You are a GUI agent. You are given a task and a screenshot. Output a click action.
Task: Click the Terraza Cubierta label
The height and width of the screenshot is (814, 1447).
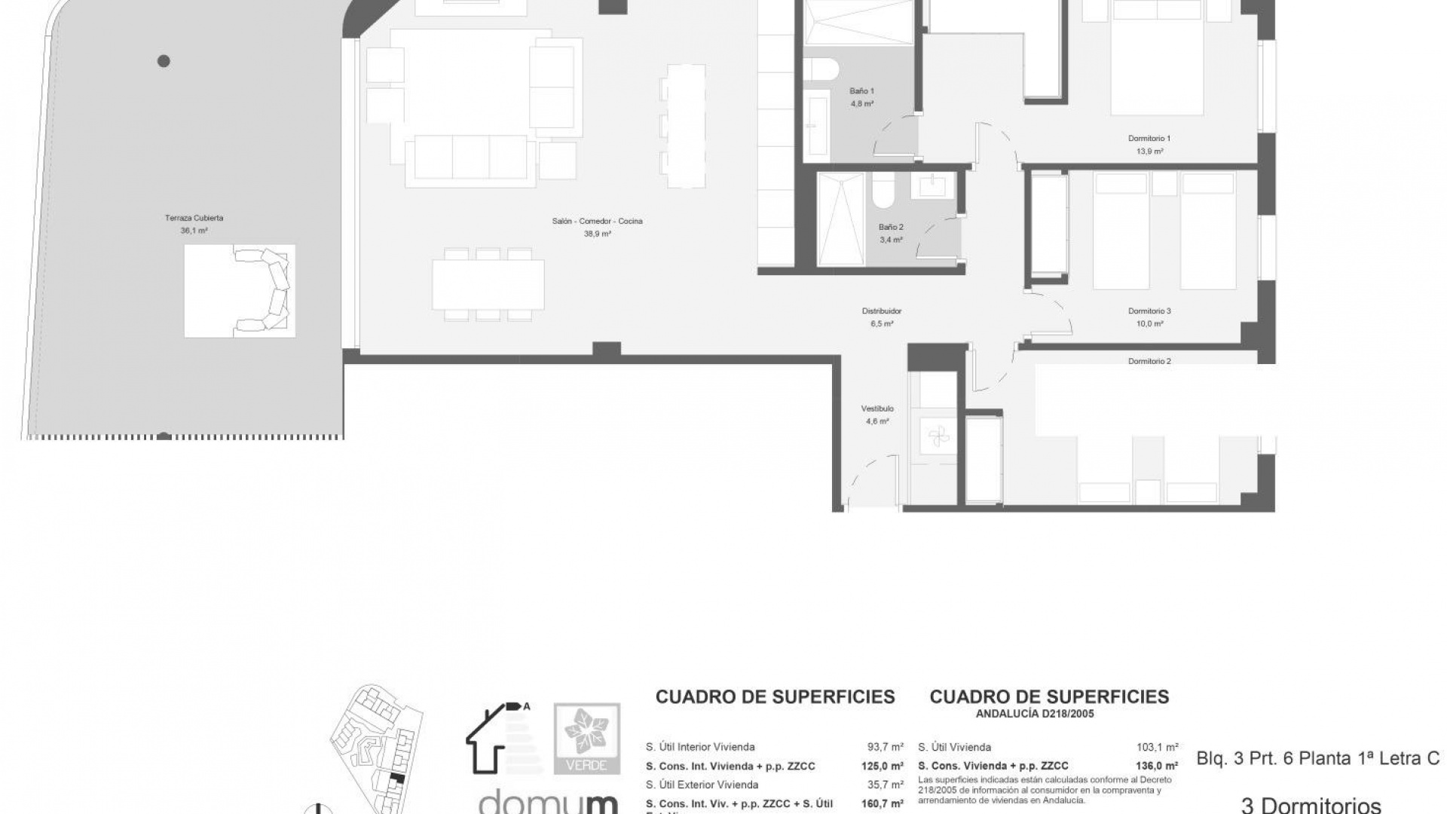coord(194,218)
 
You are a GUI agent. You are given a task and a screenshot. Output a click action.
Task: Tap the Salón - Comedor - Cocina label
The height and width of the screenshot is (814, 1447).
coord(597,222)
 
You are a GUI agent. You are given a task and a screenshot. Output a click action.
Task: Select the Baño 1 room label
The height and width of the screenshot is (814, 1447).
coord(861,91)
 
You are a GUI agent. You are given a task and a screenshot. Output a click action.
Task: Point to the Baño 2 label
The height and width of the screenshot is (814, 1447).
coord(891,227)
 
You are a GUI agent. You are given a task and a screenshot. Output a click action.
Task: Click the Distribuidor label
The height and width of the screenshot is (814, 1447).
coord(882,311)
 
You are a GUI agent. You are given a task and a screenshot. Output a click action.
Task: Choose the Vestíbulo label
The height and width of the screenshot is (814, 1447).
coord(877,409)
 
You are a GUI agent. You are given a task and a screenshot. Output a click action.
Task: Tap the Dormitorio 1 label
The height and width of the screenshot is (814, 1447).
coord(1149,139)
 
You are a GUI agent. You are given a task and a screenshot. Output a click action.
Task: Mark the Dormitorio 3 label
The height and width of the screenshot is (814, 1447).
coord(1149,311)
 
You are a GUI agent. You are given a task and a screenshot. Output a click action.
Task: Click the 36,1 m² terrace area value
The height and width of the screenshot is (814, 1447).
coord(194,231)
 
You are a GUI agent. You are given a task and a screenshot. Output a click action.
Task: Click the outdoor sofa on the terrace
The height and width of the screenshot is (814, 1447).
coord(264,291)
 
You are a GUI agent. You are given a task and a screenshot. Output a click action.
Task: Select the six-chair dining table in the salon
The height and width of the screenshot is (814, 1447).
coord(488,284)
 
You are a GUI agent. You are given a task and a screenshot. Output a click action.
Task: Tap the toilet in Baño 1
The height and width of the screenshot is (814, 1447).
coord(821,69)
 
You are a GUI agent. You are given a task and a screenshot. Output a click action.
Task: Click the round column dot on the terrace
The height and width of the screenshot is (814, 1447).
coord(164,61)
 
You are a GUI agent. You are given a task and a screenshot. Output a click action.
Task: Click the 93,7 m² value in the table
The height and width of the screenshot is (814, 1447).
coord(885,748)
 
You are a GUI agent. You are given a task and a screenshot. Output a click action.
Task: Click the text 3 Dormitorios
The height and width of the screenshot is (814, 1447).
coord(1311,805)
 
